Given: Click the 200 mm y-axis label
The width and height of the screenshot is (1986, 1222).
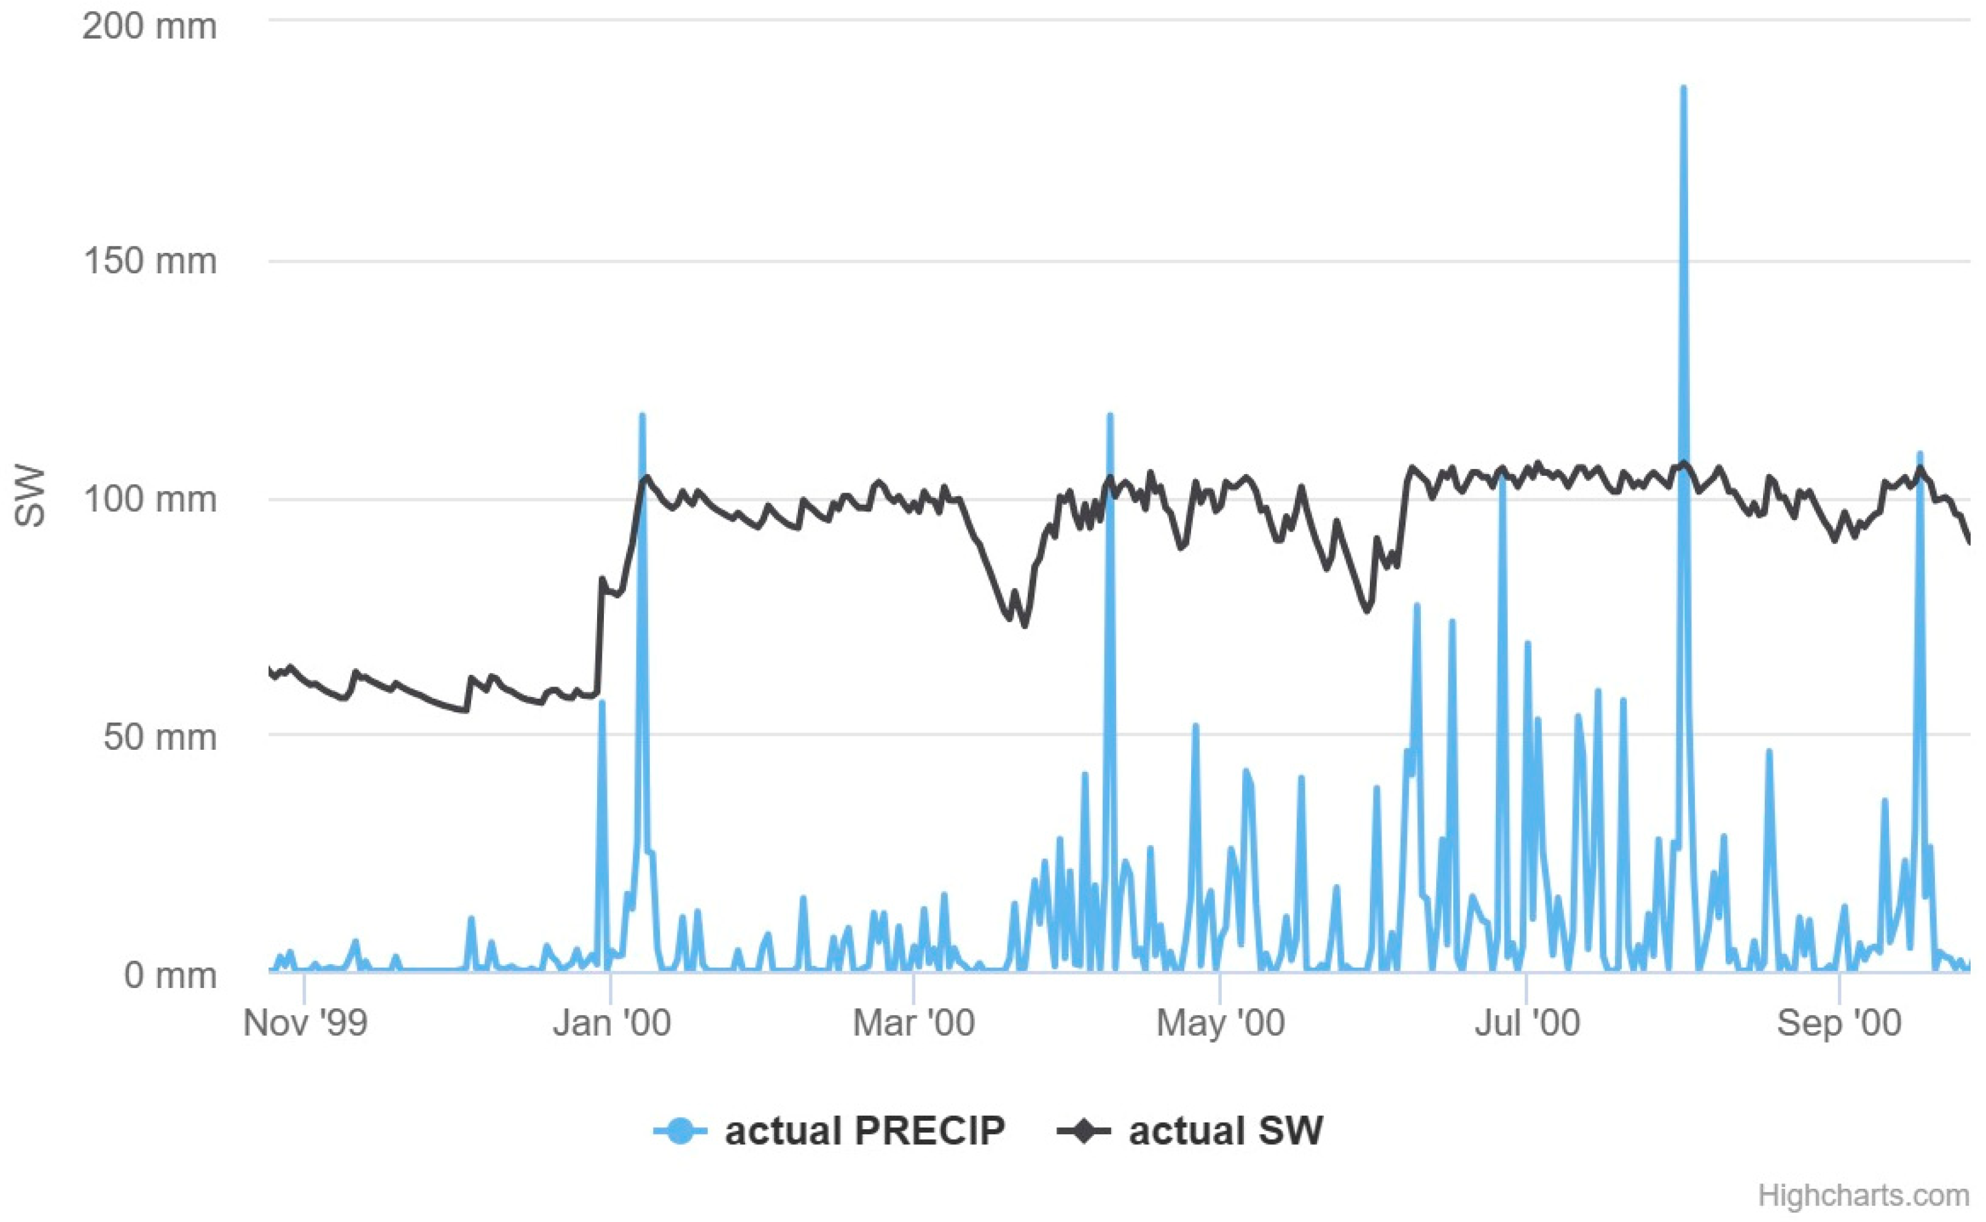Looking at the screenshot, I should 149,26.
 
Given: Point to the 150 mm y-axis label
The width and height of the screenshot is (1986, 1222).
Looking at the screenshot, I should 149,261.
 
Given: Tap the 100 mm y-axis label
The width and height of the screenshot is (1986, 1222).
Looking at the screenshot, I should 149,499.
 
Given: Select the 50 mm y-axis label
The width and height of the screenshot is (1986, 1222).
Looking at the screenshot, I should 159,736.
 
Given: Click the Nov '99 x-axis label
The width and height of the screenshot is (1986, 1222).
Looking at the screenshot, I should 305,1023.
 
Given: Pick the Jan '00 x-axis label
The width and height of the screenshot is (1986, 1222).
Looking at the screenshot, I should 611,1023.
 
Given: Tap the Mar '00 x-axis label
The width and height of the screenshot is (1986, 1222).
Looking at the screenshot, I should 913,1023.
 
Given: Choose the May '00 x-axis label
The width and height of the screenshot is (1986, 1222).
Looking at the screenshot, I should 1220,1023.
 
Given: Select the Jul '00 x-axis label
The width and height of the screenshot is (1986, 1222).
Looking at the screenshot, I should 1526,1023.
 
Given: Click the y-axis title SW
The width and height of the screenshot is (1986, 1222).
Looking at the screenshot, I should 31,496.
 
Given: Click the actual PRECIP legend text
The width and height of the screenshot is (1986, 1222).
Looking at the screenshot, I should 864,1131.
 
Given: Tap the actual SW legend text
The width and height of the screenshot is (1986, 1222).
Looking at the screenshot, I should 1226,1131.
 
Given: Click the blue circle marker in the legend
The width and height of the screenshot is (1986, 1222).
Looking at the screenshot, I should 681,1131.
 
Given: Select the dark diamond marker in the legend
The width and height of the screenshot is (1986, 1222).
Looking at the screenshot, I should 1083,1131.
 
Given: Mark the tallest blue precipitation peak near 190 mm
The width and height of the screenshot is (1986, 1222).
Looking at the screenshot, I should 1683,89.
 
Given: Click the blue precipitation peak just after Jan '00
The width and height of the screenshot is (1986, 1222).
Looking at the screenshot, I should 642,416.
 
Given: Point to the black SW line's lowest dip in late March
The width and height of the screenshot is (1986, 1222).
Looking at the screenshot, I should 1025,625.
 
